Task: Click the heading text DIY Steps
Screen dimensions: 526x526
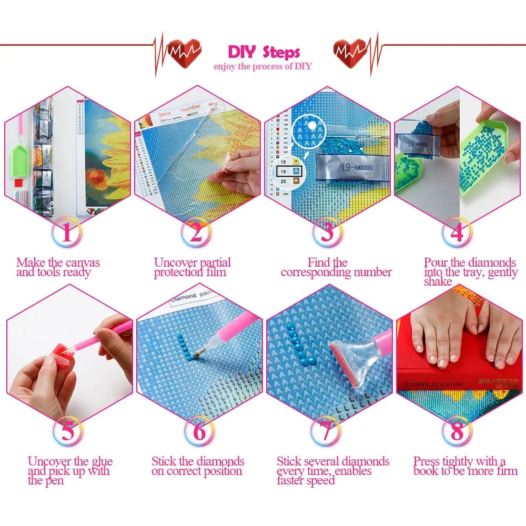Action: (264, 52)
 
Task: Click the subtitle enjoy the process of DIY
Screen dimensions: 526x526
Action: (262, 66)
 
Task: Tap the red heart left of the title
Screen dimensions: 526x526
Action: (184, 51)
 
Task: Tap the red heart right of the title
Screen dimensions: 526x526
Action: (350, 51)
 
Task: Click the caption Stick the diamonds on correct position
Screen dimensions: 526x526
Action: (198, 466)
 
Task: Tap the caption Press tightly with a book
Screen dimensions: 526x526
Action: (459, 466)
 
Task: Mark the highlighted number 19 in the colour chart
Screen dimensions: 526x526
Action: (283, 171)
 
